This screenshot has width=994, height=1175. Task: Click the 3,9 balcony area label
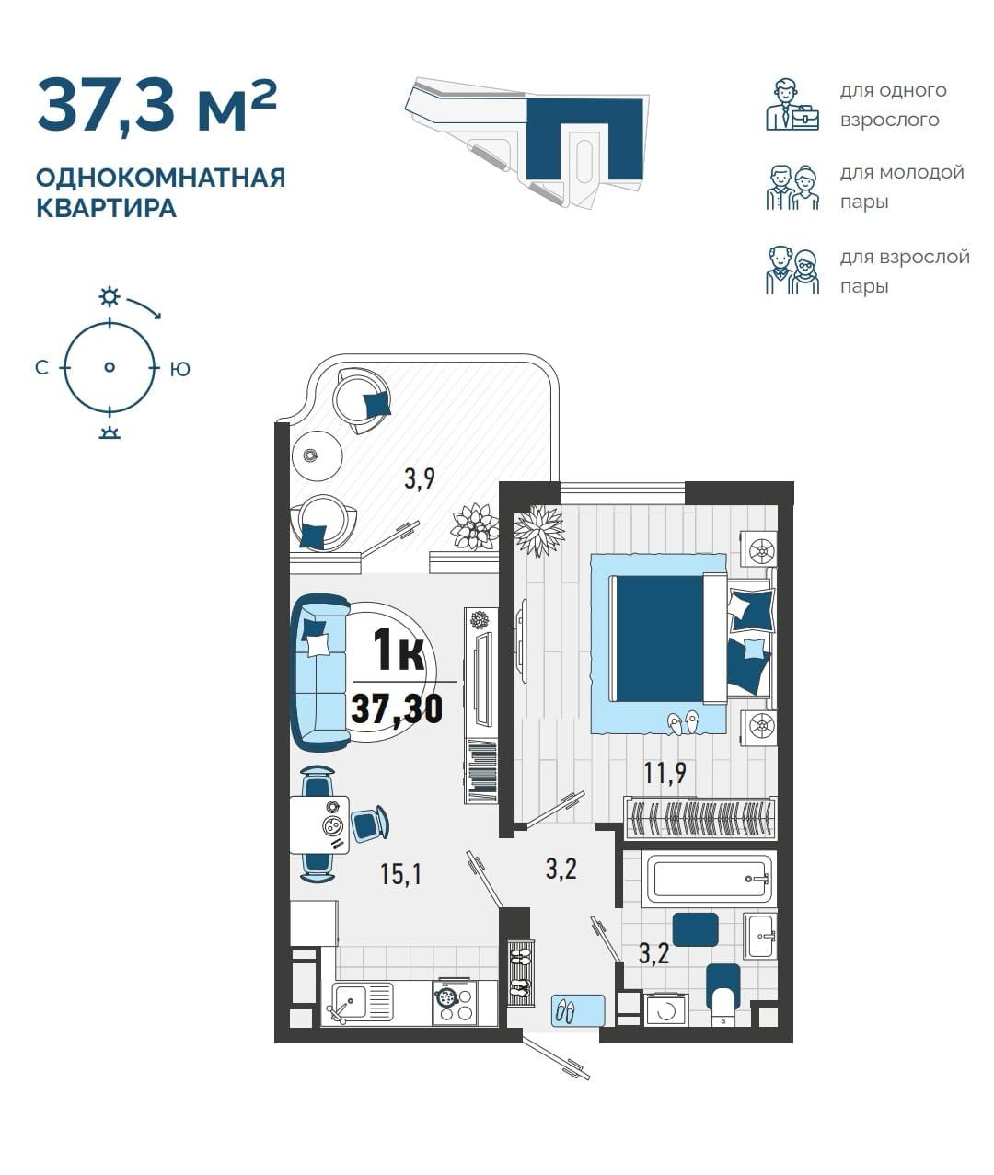tap(420, 478)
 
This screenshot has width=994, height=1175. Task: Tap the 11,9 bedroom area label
tap(665, 773)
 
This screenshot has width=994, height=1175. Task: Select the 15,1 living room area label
tap(401, 874)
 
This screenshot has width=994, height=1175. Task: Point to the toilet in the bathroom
tap(722, 996)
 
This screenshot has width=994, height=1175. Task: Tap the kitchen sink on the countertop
tap(361, 1003)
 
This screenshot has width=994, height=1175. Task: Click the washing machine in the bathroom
tap(667, 1010)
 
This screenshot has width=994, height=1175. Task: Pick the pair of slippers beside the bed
tap(683, 722)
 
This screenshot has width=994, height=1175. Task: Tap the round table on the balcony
tap(317, 455)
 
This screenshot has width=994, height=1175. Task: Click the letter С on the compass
tap(41, 368)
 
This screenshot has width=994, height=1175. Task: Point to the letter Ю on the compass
tap(180, 370)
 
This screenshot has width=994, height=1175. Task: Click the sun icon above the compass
tap(110, 296)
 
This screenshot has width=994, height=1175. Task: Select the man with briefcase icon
tap(792, 105)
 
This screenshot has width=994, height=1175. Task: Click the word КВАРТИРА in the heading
tap(107, 208)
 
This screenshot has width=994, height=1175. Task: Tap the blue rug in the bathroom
tap(695, 929)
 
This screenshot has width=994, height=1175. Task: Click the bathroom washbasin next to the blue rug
tap(759, 937)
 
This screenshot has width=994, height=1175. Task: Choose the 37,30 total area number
tap(397, 709)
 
